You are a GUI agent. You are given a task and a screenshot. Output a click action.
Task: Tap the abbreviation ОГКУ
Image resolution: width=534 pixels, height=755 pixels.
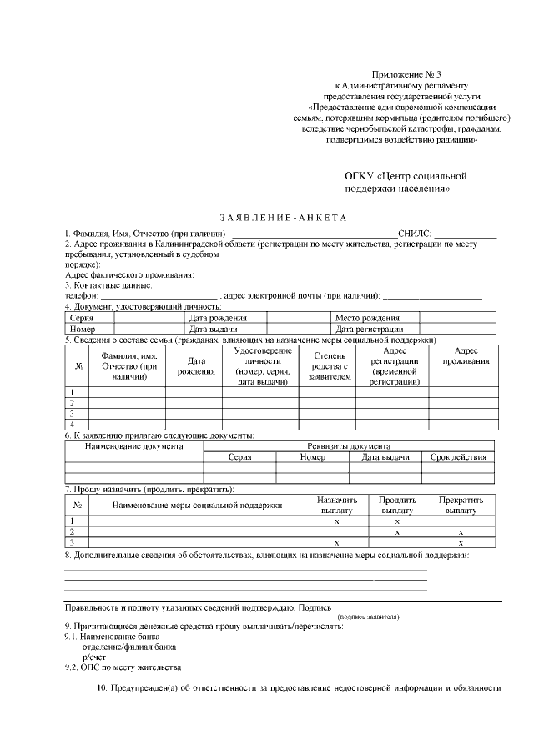[x=360, y=176]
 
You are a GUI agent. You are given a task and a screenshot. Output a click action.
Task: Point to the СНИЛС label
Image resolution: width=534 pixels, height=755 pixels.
[x=415, y=233]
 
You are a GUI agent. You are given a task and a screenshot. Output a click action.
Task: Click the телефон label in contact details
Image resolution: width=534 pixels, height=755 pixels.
[x=82, y=295]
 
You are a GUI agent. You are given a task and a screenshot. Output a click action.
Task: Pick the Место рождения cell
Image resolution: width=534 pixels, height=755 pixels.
[x=367, y=318]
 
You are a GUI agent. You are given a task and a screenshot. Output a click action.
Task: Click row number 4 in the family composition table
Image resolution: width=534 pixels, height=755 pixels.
[x=73, y=424]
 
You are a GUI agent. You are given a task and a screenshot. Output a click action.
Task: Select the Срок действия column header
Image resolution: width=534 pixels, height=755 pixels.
[x=458, y=457]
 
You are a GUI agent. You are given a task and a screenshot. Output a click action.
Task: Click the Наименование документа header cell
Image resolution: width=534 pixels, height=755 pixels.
[x=134, y=446]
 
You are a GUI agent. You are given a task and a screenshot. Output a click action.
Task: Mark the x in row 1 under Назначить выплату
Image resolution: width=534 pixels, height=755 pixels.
[x=336, y=521]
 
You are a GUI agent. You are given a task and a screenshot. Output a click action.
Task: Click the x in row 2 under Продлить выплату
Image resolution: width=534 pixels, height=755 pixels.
[x=397, y=531]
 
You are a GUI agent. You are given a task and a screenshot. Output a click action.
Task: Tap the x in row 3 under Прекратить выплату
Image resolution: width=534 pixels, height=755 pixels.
[x=461, y=542]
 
